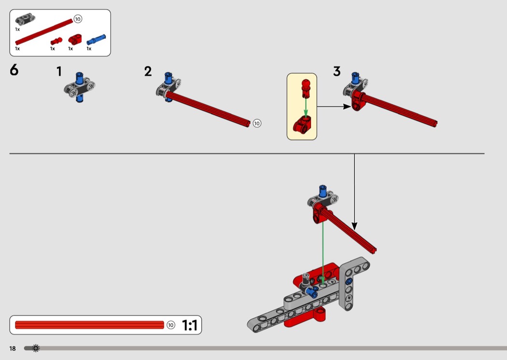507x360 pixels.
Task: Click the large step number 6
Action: (14, 70)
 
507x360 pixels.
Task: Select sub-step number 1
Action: (59, 71)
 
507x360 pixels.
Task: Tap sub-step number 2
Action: (148, 71)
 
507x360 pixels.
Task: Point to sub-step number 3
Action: (337, 71)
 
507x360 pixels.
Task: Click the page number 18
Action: (13, 348)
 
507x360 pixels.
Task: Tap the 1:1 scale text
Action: (189, 325)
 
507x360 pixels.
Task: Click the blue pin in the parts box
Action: (96, 40)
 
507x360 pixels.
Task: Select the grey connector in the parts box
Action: (25, 19)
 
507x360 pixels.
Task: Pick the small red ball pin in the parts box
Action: (56, 42)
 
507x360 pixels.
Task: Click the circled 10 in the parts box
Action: (78, 19)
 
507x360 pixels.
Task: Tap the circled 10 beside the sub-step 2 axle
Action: (257, 123)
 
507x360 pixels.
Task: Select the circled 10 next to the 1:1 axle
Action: (171, 325)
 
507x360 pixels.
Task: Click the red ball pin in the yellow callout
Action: (306, 88)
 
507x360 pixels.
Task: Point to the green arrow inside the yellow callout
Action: (306, 107)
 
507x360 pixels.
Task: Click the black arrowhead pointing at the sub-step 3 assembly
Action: (347, 106)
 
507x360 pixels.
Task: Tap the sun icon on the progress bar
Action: (36, 348)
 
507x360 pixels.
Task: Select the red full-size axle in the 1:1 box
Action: (89, 325)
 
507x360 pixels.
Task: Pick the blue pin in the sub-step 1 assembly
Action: (79, 86)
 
